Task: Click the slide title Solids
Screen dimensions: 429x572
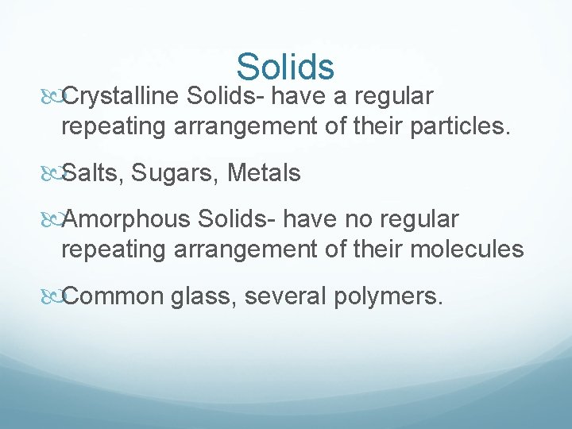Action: pos(285,67)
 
